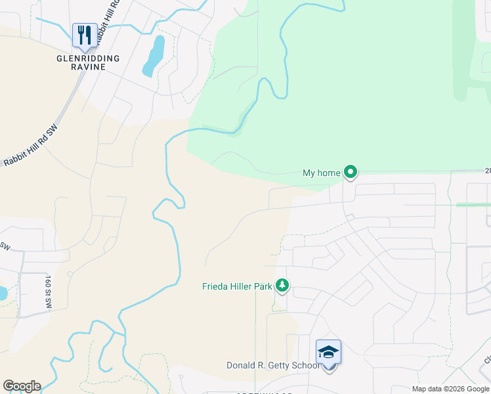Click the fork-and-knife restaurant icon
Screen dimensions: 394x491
point(84,35)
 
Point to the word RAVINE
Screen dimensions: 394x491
point(88,68)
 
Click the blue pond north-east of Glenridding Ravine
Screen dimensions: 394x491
point(154,55)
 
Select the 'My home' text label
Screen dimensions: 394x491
point(321,173)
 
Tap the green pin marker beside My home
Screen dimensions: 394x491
point(351,173)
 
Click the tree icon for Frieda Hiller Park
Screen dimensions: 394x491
point(282,286)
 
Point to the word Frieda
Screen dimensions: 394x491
point(215,286)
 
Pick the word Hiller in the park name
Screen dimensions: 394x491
point(242,286)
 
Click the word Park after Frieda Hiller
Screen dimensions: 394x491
point(266,286)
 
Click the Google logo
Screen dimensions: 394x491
point(22,386)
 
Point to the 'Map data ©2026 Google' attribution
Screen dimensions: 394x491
point(450,389)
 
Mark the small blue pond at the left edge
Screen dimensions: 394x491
point(3,292)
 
